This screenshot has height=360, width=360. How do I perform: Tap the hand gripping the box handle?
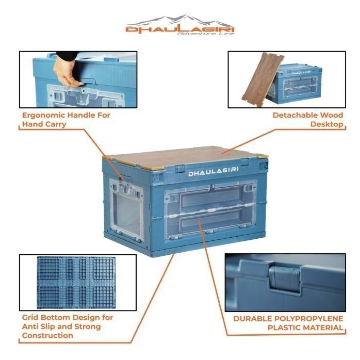point(67,71)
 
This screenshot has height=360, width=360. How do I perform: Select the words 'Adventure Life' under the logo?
point(205,35)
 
